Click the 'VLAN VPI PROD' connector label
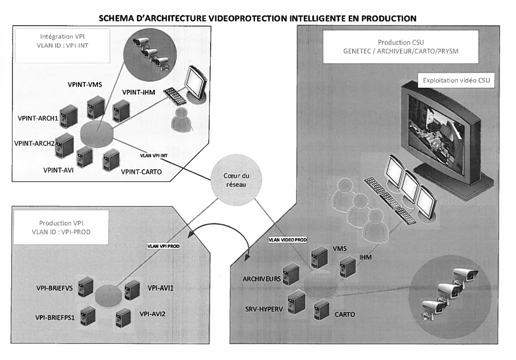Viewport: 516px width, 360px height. pyautogui.click(x=162, y=246)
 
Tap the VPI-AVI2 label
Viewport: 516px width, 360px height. pyautogui.click(x=153, y=314)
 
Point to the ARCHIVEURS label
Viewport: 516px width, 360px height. pyautogui.click(x=261, y=279)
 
